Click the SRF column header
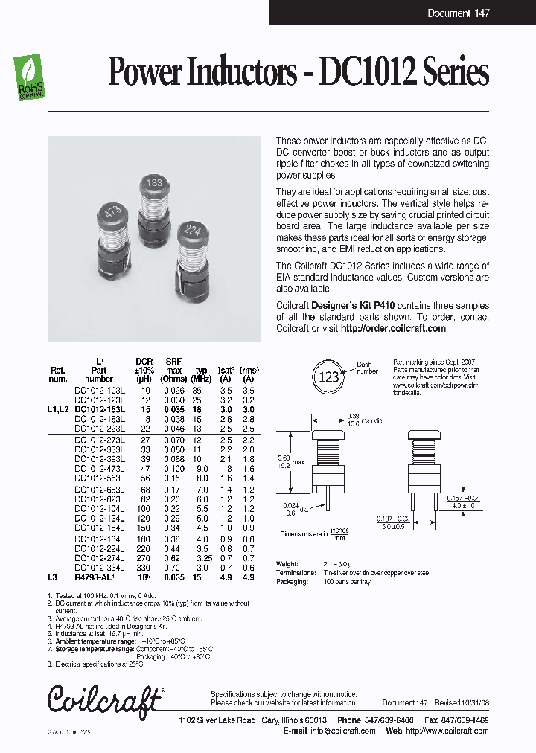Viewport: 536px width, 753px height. click(173, 361)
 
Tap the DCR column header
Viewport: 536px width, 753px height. click(144, 361)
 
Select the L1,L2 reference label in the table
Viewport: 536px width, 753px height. click(57, 409)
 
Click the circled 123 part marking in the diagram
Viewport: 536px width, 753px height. click(329, 376)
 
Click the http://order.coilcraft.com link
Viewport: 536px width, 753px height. click(393, 328)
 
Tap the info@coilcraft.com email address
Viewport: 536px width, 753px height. click(343, 731)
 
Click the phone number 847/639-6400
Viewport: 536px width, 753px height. click(395, 720)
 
